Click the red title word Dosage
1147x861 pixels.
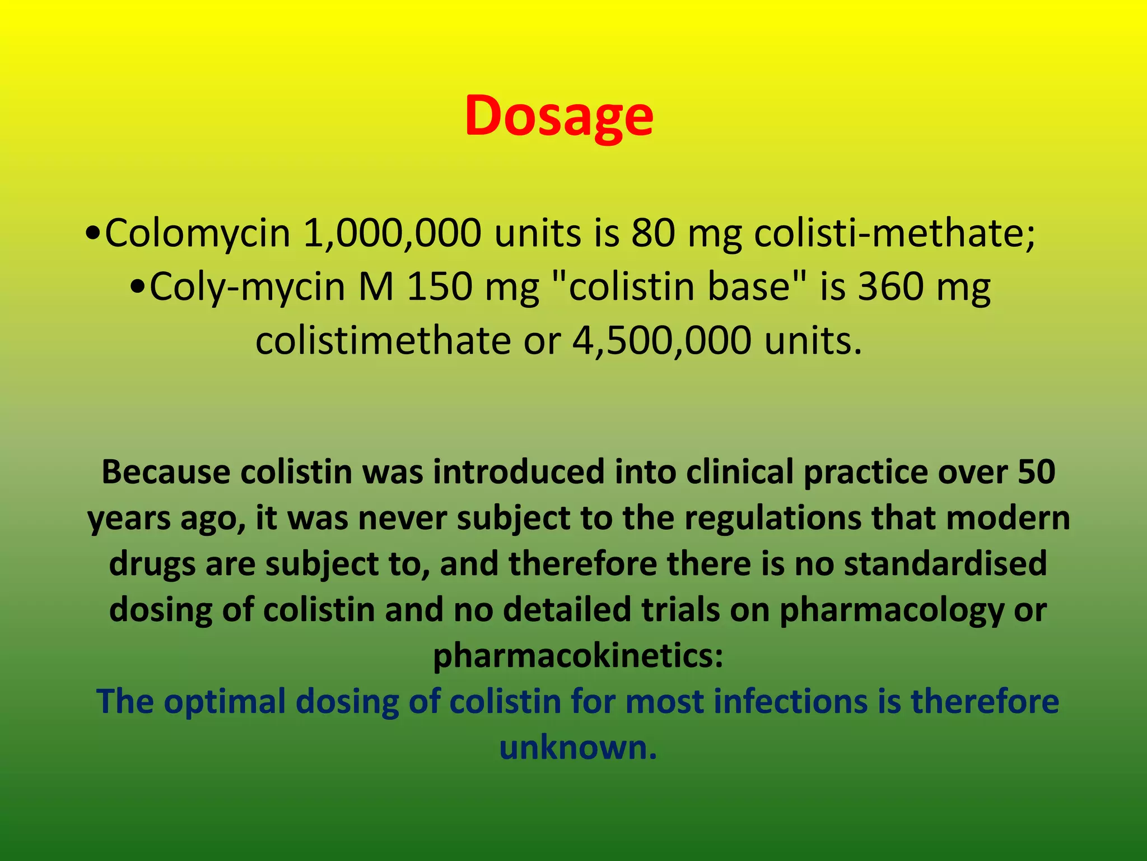click(x=559, y=115)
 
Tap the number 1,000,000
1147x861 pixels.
click(x=391, y=233)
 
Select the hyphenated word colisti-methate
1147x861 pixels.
click(x=894, y=233)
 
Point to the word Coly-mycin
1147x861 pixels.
click(x=247, y=287)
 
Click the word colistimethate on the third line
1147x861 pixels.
click(x=383, y=341)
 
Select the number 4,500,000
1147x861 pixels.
click(x=661, y=341)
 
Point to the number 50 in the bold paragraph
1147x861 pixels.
click(x=1036, y=472)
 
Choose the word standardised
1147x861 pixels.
click(x=945, y=563)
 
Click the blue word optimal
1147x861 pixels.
click(x=225, y=702)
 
